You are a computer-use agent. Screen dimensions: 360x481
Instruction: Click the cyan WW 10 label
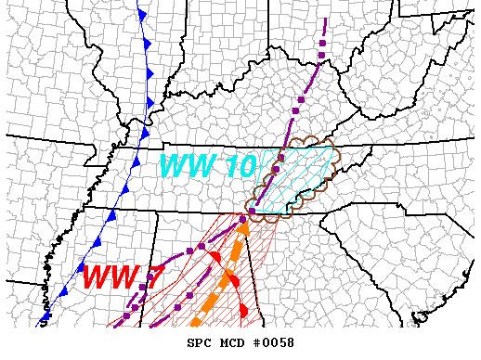(x=203, y=166)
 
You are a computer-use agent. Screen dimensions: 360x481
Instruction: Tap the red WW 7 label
(x=118, y=276)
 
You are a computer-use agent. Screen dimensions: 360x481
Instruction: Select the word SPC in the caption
(x=200, y=342)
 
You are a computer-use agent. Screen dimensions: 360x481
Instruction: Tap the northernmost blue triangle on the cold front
(x=141, y=15)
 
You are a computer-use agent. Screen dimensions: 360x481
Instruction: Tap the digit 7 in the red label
(x=146, y=276)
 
